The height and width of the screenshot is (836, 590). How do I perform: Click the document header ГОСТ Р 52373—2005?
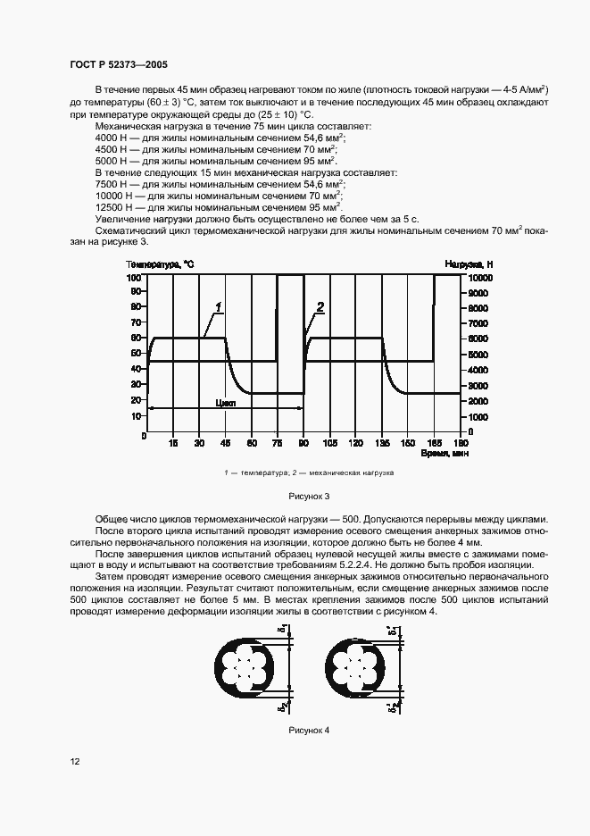(x=119, y=65)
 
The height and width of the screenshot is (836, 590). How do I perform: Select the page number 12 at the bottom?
(x=75, y=761)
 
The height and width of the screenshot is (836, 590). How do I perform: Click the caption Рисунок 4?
(x=309, y=730)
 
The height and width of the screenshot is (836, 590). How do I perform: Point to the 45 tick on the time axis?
(x=226, y=443)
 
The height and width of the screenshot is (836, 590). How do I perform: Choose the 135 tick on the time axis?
(x=382, y=443)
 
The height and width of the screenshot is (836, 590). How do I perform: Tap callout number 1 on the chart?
(x=218, y=307)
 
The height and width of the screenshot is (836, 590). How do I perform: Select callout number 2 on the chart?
(x=320, y=307)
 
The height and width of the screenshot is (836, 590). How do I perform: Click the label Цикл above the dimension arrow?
(x=225, y=403)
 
